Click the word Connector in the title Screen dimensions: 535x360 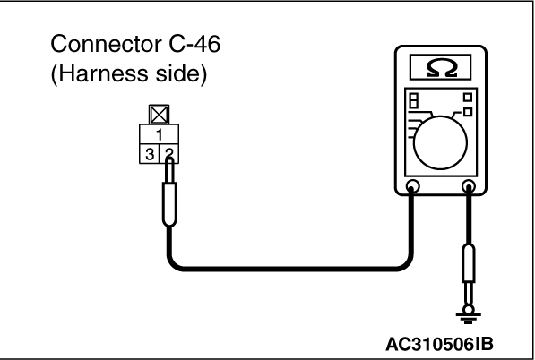(106, 44)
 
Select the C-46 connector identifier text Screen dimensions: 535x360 (194, 44)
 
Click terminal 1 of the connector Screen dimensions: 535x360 (159, 134)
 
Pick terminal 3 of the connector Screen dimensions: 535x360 (150, 154)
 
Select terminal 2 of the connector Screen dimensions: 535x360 (169, 154)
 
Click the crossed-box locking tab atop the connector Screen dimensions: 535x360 (159, 115)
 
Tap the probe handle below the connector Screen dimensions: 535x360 (169, 204)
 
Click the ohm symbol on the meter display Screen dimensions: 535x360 (442, 68)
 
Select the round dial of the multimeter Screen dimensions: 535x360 (441, 142)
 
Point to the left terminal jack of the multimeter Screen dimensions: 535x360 (412, 186)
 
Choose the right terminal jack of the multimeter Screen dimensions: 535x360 (469, 186)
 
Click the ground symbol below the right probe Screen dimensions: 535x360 (469, 316)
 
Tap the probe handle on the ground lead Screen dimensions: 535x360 (469, 263)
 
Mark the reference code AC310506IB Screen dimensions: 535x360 (439, 344)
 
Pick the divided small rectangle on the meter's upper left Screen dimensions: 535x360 (413, 100)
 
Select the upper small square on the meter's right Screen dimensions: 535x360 (468, 98)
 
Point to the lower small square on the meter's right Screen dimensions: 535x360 (468, 112)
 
